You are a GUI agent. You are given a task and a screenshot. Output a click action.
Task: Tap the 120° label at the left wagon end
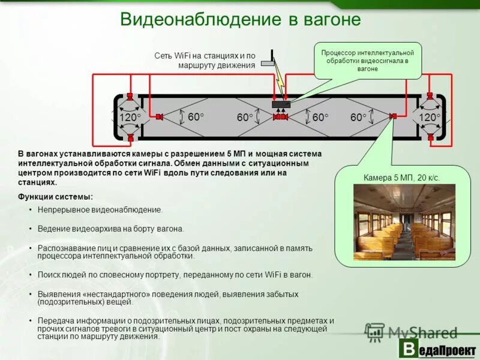130,118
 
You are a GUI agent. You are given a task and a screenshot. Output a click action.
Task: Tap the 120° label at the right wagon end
430,117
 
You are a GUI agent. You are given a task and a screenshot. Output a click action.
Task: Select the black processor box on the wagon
280,104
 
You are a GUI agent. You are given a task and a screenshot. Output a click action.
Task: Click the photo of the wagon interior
404,222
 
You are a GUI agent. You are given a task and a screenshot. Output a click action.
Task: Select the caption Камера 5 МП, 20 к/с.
402,178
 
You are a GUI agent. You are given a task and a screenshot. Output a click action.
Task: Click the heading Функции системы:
55,197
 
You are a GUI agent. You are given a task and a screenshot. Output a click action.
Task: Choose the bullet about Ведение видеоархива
110,229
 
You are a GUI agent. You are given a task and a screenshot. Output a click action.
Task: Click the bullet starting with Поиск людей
175,275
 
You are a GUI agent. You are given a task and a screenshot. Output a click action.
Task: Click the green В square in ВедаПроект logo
409,349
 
